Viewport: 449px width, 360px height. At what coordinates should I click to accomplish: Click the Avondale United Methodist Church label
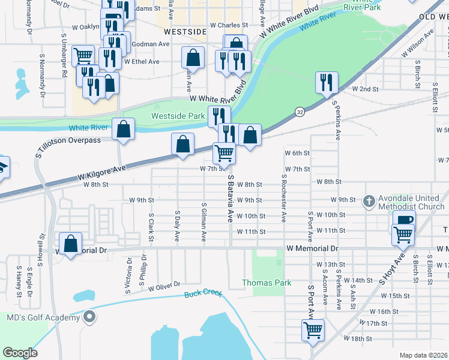(411, 202)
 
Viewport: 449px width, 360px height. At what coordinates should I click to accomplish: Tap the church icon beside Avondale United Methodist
(370, 202)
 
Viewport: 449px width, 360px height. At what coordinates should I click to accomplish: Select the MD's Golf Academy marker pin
(90, 316)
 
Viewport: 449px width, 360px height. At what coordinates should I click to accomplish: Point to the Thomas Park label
(267, 283)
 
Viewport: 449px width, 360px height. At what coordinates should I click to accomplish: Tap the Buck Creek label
(203, 294)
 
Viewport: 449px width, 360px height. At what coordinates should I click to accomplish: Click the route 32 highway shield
(299, 112)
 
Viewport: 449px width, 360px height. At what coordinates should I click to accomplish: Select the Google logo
(20, 353)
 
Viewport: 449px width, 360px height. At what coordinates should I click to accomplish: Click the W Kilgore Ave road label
(102, 173)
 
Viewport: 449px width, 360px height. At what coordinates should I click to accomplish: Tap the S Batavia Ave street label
(230, 199)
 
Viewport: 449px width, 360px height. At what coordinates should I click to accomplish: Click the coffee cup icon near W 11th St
(405, 221)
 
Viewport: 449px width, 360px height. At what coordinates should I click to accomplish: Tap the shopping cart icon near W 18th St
(313, 329)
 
